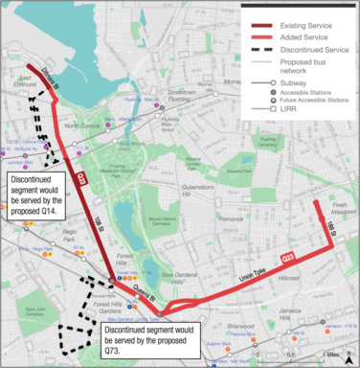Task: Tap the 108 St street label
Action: [x=98, y=222]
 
